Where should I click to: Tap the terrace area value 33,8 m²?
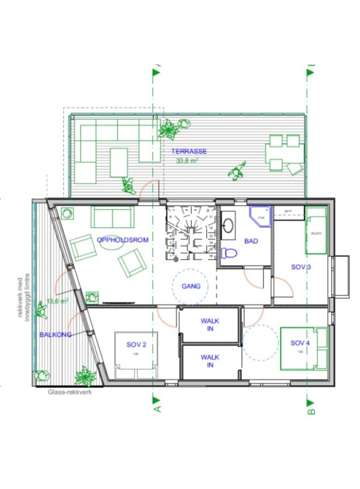tap(188, 161)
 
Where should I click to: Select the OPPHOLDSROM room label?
tap(123, 240)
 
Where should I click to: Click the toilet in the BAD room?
tap(229, 252)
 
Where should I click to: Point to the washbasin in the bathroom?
tap(230, 225)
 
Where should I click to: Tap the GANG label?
tap(191, 286)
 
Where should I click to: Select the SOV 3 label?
tap(301, 267)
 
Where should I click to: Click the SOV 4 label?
tap(301, 343)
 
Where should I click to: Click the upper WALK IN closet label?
tap(210, 325)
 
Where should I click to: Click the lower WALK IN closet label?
tap(210, 361)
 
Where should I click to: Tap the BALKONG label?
tap(56, 335)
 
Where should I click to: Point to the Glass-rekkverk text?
tap(70, 392)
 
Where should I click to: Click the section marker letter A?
tap(157, 407)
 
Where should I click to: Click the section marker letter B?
tap(311, 407)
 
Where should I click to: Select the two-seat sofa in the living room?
tap(112, 217)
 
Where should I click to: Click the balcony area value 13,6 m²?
tap(57, 301)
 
